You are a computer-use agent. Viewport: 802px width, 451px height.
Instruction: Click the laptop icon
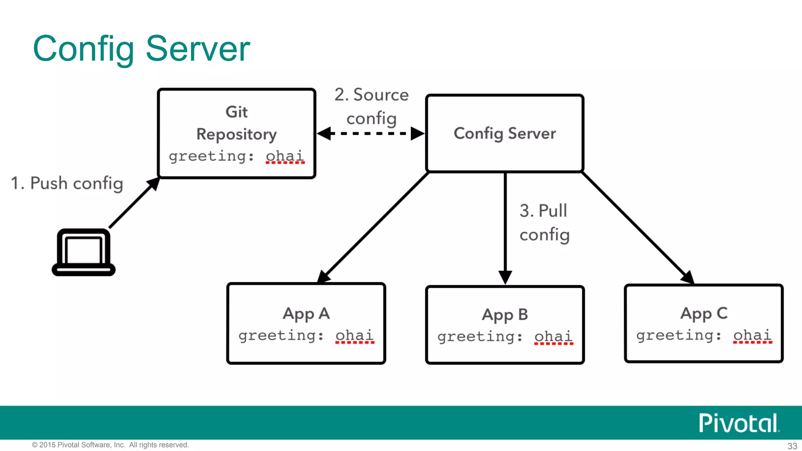83,253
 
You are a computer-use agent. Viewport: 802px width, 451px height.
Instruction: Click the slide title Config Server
141,49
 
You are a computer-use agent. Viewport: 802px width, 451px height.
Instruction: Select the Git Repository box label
237,123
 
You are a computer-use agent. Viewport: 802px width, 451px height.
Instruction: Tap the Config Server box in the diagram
504,133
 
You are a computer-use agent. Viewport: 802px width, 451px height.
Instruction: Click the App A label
306,314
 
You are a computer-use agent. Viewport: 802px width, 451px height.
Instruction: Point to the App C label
704,314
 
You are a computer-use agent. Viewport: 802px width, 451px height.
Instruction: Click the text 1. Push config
67,183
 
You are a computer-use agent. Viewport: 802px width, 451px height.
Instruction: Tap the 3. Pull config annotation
544,223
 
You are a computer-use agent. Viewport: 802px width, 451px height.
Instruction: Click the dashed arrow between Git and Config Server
370,133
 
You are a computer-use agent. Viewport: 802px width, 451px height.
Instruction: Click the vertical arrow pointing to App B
505,227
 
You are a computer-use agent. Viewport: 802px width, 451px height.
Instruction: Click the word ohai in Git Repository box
285,156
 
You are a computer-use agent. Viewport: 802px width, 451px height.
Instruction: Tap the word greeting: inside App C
679,336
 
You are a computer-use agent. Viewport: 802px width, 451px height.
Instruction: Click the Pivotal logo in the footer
739,423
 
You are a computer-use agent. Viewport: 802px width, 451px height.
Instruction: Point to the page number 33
792,446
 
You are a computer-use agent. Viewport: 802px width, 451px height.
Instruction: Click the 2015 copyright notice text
110,445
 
